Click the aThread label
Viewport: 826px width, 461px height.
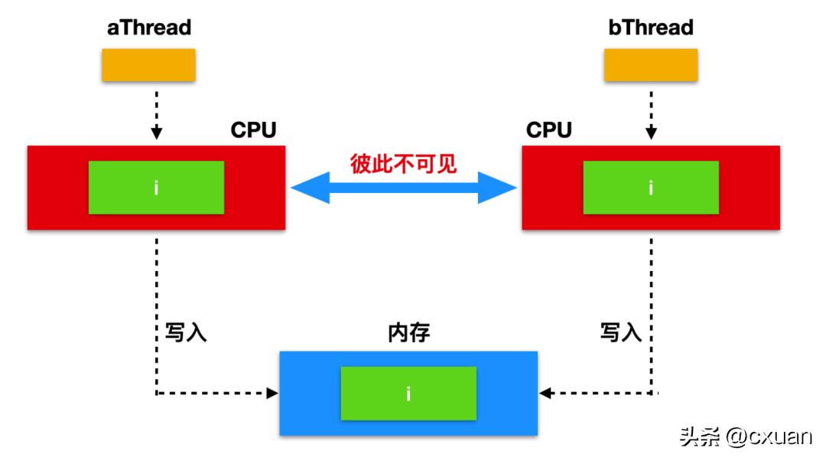149,28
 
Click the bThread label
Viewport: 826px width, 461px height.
651,28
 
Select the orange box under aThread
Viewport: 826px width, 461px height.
149,65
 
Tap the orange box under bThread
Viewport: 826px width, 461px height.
651,65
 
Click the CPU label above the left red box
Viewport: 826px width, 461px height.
253,130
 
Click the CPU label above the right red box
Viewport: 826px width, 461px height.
548,130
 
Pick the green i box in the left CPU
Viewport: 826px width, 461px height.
156,188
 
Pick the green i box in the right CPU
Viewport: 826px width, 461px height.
651,188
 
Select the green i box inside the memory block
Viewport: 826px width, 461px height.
408,394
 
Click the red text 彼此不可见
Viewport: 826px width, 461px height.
403,164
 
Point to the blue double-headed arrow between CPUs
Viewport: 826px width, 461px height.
404,188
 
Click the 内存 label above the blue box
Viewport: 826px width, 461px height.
408,333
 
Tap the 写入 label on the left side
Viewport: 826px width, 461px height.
186,333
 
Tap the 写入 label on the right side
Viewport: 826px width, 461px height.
620,333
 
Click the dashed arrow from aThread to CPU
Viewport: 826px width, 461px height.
157,111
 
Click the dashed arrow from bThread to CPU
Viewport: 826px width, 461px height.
651,111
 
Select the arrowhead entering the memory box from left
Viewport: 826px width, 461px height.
272,394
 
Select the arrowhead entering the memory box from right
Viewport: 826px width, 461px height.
545,394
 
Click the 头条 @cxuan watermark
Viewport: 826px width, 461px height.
745,436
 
